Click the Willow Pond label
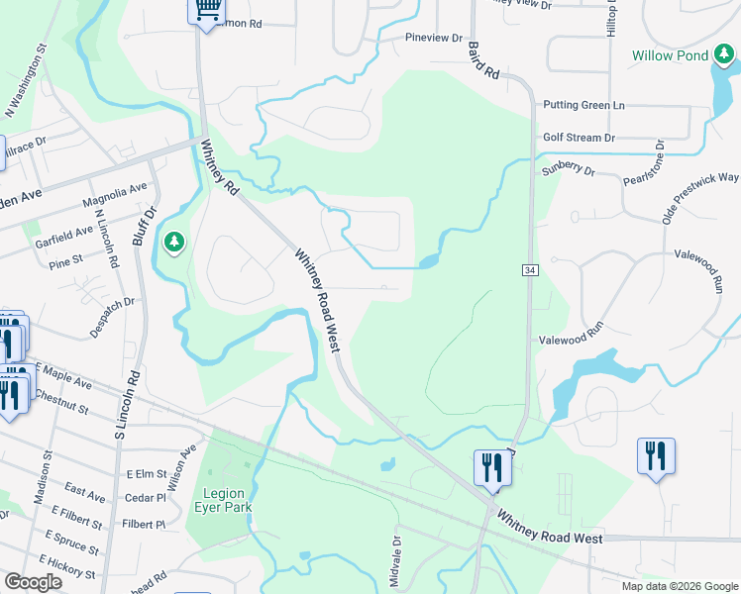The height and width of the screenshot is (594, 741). [x=671, y=55]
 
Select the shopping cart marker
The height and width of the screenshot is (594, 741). [x=206, y=10]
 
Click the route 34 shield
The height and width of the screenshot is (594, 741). [x=531, y=269]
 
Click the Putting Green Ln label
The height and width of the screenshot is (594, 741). [x=583, y=105]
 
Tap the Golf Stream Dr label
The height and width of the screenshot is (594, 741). [x=579, y=138]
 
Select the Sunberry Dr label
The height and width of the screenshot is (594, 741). [x=568, y=171]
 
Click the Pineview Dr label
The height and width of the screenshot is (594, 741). [x=434, y=38]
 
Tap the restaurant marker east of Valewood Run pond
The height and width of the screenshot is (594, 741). [x=655, y=456]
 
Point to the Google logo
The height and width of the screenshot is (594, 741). [x=34, y=582]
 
